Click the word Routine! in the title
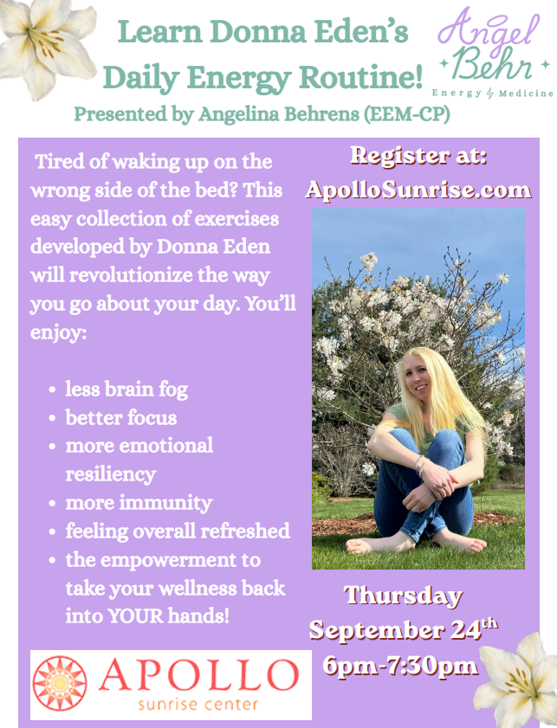361,77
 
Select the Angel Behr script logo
493,55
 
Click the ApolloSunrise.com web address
418,190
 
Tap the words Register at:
418,156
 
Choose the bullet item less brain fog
126,390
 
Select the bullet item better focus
120,418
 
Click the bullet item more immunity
139,503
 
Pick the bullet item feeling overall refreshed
178,532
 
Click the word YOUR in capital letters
135,616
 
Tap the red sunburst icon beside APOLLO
60,684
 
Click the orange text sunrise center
198,705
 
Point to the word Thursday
403,596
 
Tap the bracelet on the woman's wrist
420,466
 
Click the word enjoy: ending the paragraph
59,333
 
